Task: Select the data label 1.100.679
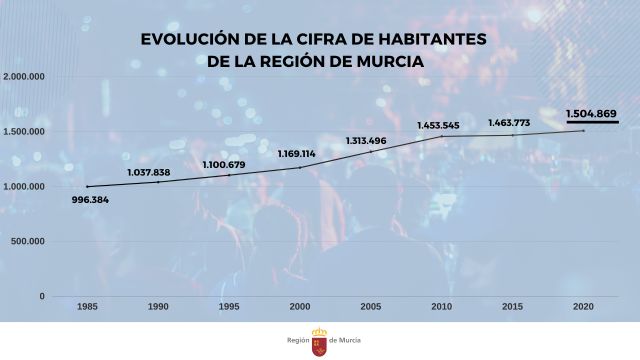click(x=223, y=164)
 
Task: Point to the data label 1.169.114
click(x=297, y=154)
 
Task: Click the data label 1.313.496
click(x=365, y=140)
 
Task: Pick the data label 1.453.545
click(x=438, y=125)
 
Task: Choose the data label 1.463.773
click(x=509, y=123)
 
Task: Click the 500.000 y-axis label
click(x=29, y=241)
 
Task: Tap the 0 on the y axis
click(x=43, y=296)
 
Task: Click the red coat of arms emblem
click(x=321, y=340)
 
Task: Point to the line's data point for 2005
click(x=371, y=151)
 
